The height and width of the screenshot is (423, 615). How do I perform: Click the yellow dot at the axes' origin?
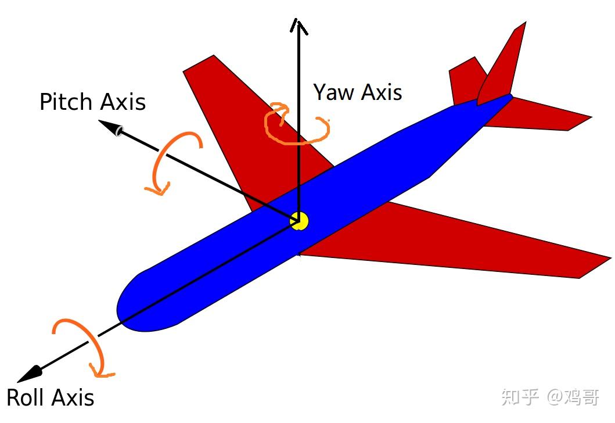pos(299,221)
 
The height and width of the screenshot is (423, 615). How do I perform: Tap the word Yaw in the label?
pos(332,92)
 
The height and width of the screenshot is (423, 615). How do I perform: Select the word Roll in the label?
pos(26,398)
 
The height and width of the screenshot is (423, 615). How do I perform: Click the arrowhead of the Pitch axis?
pos(110,127)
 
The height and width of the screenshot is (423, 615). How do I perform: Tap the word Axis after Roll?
pos(73,398)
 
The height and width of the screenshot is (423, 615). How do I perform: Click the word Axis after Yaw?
pos(380,92)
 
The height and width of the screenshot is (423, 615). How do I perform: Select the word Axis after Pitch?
pos(122,102)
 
